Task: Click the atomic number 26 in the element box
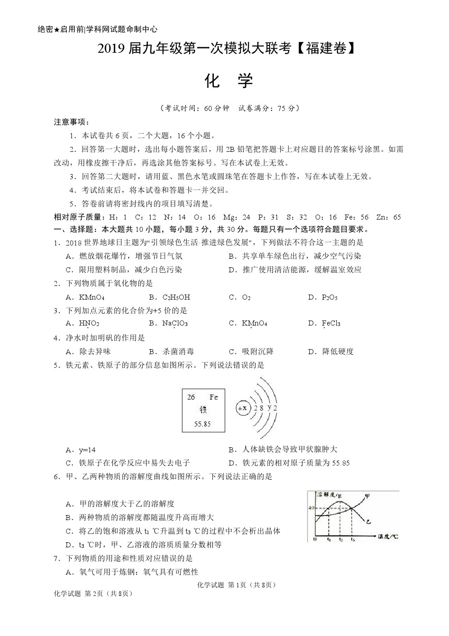pyautogui.click(x=191, y=397)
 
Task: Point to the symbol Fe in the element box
pyautogui.click(x=213, y=397)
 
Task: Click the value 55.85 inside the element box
pyautogui.click(x=202, y=424)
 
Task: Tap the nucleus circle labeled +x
pyautogui.click(x=242, y=408)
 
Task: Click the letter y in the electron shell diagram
pyautogui.click(x=269, y=407)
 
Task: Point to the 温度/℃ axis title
pyautogui.click(x=388, y=537)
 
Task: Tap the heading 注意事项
pyautogui.click(x=71, y=122)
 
